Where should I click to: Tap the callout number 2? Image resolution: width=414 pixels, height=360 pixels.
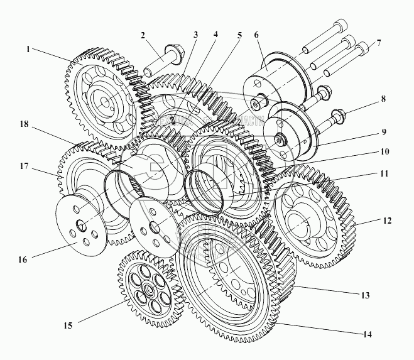143,35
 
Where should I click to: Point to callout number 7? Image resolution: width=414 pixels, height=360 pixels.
378,45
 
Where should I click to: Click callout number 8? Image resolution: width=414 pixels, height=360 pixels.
384,99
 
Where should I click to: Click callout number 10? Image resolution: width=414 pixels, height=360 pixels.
384,151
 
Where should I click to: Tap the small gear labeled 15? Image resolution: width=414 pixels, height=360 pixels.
148,288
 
